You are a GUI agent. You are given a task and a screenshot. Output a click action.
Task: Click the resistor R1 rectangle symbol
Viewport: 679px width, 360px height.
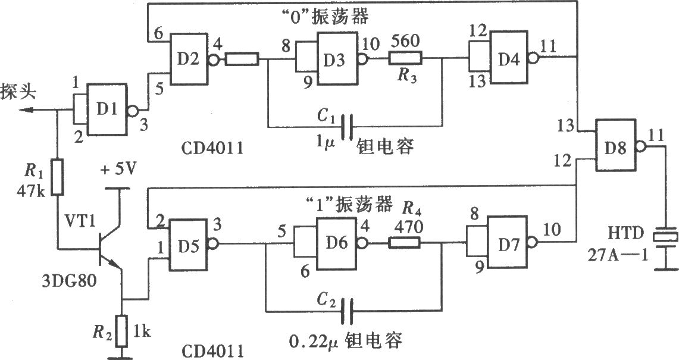click(x=58, y=177)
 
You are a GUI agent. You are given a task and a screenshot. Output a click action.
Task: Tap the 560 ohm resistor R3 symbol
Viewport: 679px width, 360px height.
click(x=405, y=58)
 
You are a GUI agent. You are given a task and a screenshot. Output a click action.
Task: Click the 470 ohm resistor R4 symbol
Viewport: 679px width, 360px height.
click(x=405, y=243)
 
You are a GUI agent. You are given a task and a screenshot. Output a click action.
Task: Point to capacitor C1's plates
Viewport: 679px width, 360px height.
click(x=347, y=127)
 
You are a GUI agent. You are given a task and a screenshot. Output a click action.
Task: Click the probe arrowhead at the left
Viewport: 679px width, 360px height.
click(x=27, y=111)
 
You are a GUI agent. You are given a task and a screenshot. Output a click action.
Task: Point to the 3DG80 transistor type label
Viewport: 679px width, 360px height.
click(x=70, y=281)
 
